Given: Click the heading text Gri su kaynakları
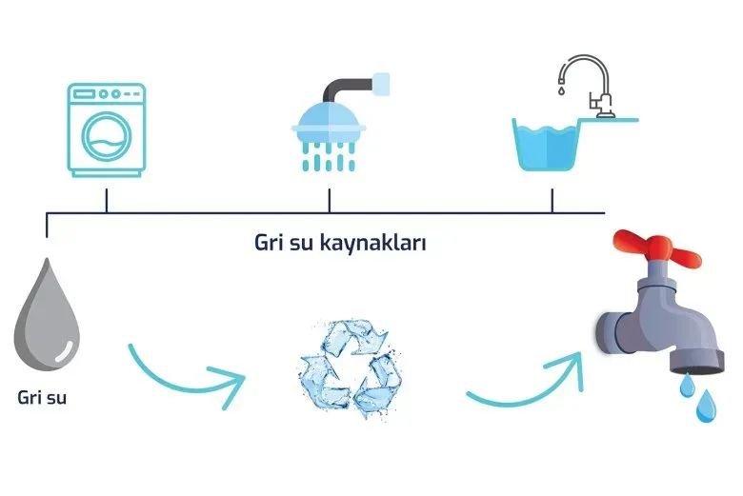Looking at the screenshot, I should (339, 242).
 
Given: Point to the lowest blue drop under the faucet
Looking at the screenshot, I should (706, 407).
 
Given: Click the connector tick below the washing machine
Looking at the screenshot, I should (106, 201).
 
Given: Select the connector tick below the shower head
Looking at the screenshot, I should (330, 201).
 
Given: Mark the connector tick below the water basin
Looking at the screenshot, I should (552, 201).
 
